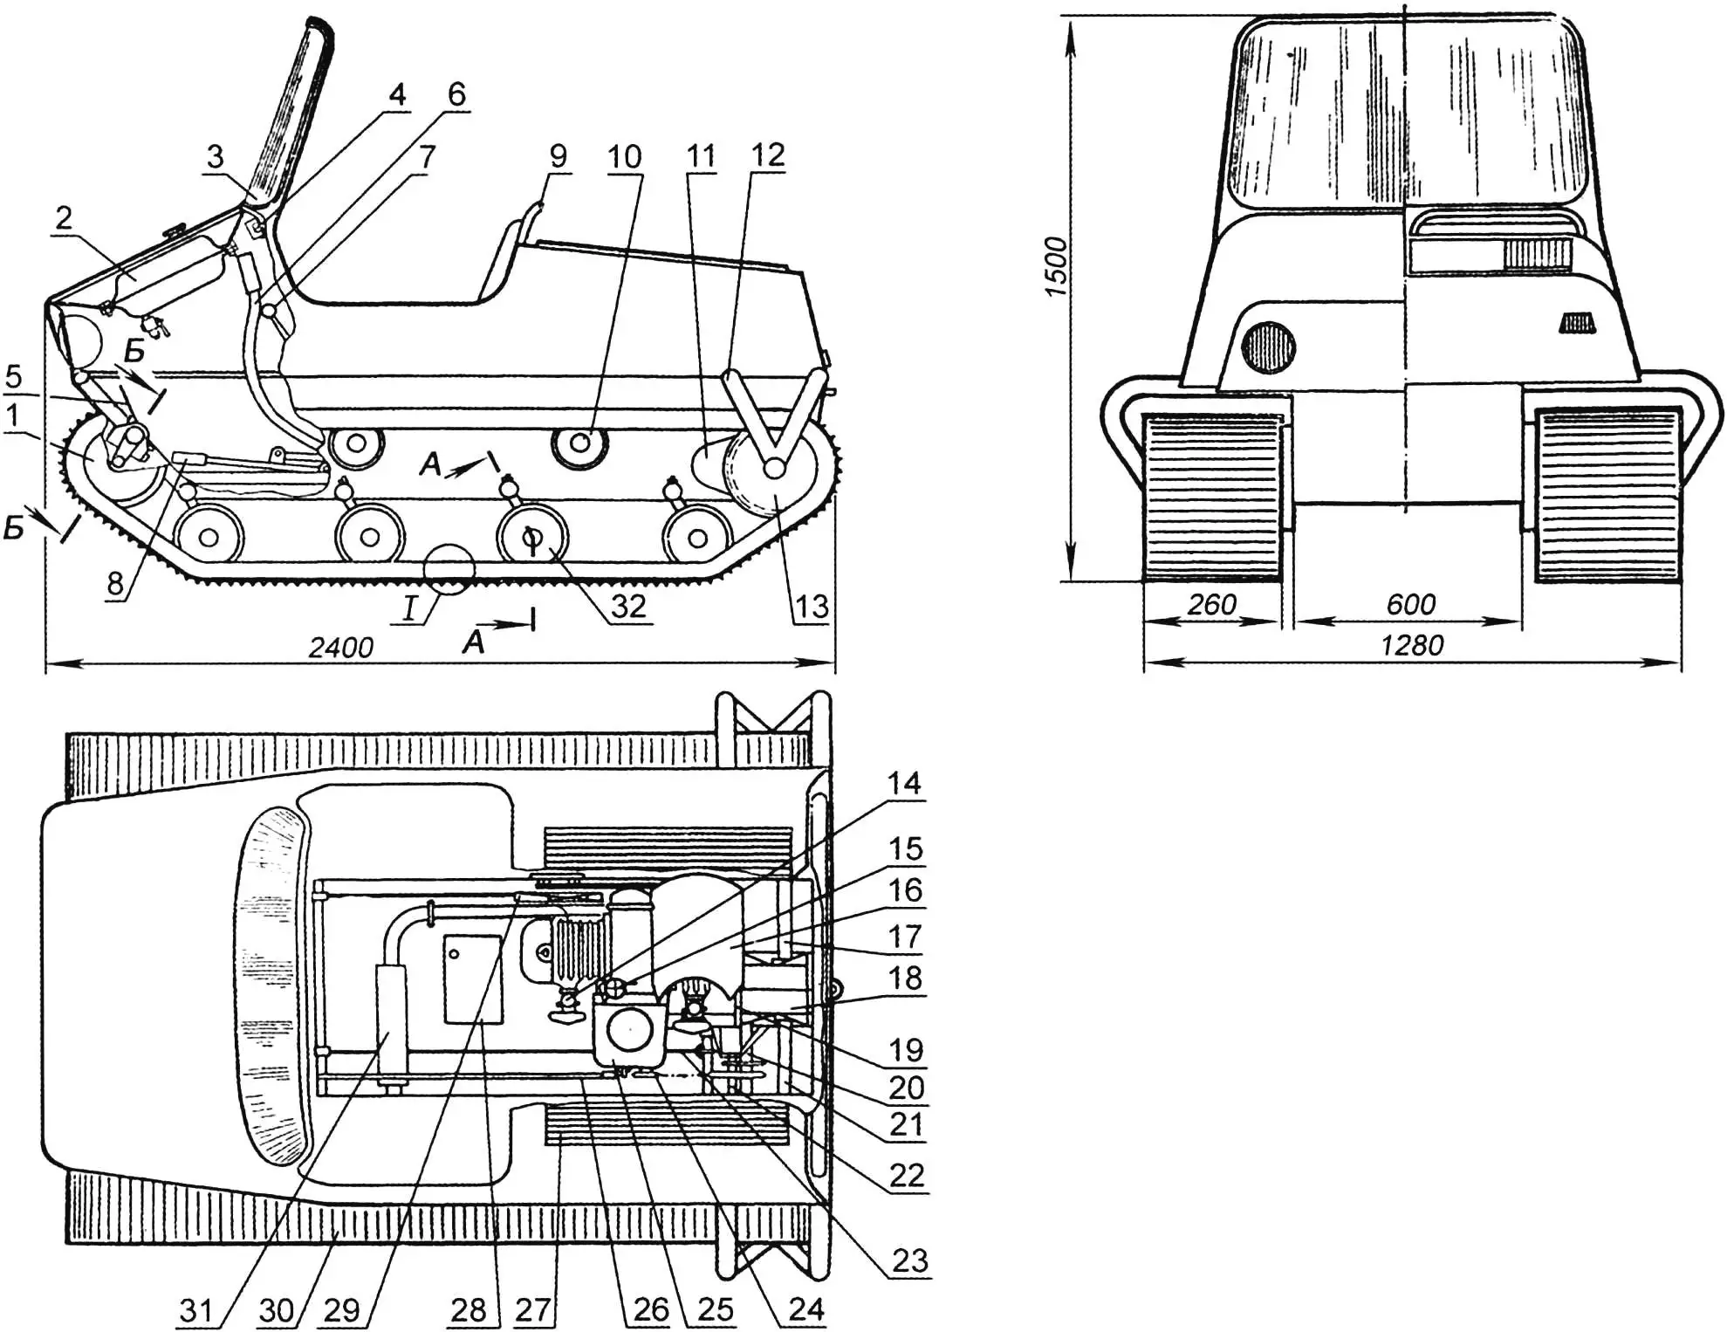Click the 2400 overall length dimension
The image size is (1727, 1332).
tap(340, 647)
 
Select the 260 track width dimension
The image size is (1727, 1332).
tap(1212, 604)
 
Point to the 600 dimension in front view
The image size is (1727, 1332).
tap(1410, 604)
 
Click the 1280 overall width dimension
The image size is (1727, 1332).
tap(1412, 645)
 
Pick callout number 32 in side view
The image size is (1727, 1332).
tap(627, 605)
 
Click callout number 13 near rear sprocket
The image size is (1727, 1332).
tap(811, 606)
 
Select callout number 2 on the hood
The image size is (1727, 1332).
tap(63, 217)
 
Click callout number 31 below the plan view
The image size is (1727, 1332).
tap(195, 1309)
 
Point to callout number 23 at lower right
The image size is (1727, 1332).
tap(909, 1260)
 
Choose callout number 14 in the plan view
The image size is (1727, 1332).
tap(904, 783)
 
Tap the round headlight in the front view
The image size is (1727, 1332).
tap(1267, 347)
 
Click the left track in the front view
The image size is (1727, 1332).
tap(1213, 498)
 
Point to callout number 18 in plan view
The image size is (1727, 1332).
tap(905, 978)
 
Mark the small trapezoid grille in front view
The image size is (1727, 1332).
tap(1577, 324)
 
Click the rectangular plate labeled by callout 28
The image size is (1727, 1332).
tap(473, 978)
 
